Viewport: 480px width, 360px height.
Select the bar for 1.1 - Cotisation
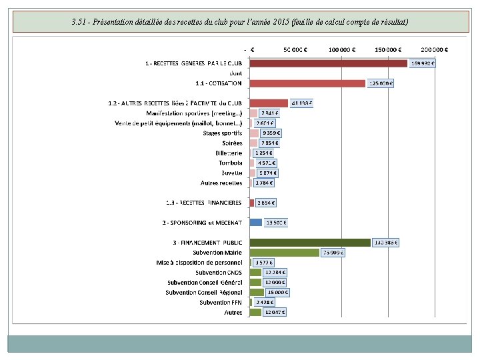(x=307, y=83)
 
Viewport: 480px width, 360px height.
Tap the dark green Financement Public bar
(x=309, y=243)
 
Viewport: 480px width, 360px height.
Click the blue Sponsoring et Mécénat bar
(x=255, y=222)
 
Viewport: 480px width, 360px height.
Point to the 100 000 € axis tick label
(x=342, y=49)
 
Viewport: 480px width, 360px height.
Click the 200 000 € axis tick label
(x=435, y=49)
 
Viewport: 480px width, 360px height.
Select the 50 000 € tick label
(x=296, y=49)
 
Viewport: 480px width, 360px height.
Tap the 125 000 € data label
(x=381, y=83)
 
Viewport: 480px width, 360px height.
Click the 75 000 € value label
(x=333, y=253)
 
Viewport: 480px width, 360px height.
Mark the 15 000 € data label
(x=278, y=292)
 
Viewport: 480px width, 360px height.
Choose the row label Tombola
(x=230, y=163)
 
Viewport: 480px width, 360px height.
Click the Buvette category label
(x=231, y=173)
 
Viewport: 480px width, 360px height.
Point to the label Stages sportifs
(x=223, y=133)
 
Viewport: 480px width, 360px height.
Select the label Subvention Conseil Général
(x=205, y=282)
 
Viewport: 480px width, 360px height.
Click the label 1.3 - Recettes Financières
(x=203, y=203)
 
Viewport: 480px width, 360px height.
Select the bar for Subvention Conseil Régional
(x=257, y=292)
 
